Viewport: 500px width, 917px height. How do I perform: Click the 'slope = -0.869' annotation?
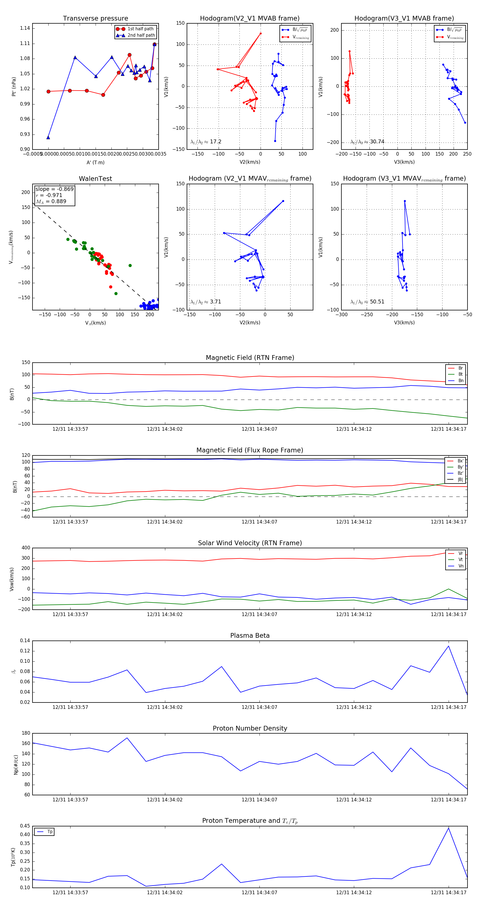click(54, 189)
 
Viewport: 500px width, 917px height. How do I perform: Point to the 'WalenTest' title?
click(95, 179)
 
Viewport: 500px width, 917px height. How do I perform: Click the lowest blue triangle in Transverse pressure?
click(48, 137)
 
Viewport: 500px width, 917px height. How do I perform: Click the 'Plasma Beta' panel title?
click(250, 636)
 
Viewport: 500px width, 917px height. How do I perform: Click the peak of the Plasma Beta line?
click(448, 646)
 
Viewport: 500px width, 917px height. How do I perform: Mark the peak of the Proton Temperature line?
click(448, 828)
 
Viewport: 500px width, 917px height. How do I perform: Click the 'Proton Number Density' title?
click(250, 728)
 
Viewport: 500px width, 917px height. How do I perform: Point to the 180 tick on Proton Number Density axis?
click(26, 733)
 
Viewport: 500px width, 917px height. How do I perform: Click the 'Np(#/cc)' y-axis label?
click(16, 765)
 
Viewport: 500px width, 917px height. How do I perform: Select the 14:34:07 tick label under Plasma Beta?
click(259, 707)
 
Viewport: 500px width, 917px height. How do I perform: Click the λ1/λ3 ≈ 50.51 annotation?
click(367, 302)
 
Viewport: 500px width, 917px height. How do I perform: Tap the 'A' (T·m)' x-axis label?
click(95, 162)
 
